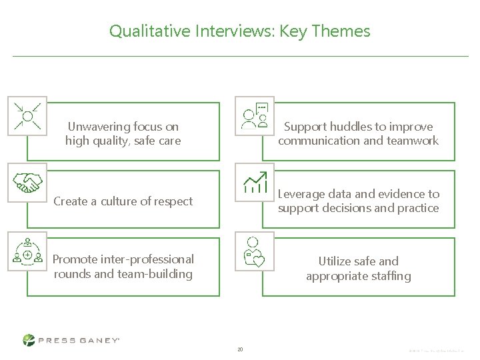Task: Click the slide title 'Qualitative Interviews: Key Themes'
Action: tap(239, 31)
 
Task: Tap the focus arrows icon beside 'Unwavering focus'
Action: tap(27, 116)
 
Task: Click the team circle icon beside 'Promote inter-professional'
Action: tap(27, 251)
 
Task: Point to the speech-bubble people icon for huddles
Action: tap(255, 116)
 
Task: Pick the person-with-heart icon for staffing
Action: tap(255, 251)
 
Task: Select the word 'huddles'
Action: tap(351, 126)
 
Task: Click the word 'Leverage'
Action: tap(301, 194)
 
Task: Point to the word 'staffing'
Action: tap(389, 276)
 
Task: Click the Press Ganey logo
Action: tap(71, 340)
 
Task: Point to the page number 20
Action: tap(240, 349)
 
